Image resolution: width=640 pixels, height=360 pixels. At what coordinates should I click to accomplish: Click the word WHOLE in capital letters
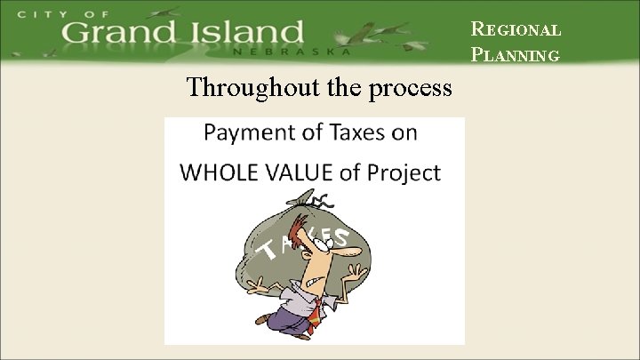tap(213, 172)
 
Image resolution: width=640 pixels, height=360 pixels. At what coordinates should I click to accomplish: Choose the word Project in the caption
tap(405, 172)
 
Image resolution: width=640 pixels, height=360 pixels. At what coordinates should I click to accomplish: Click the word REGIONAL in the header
tap(516, 28)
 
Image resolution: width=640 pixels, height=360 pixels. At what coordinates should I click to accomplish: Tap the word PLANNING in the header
tap(516, 55)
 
